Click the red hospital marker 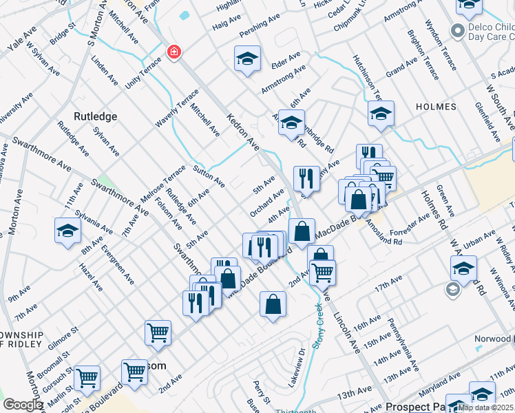click(x=174, y=52)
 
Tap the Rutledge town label click(x=96, y=116)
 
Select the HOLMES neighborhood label click(x=435, y=107)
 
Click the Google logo click(x=23, y=405)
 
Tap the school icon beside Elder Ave click(x=247, y=59)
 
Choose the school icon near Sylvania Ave click(x=67, y=231)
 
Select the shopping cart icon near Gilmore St click(x=158, y=333)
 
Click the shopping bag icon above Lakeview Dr click(x=273, y=304)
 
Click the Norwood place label click(x=492, y=339)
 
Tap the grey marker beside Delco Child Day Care click(x=456, y=30)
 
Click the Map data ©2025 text click(x=485, y=407)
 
